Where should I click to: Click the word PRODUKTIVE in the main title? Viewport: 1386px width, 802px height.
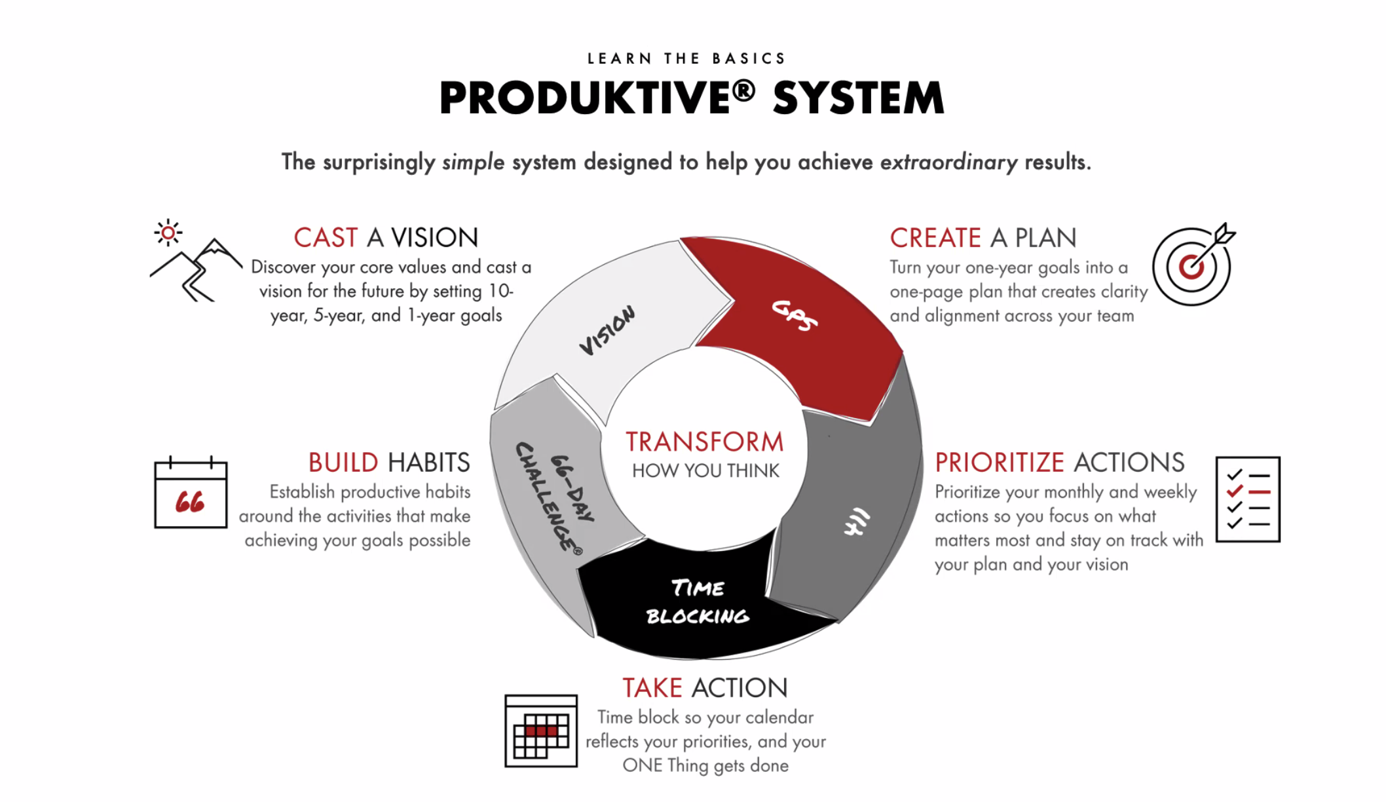(x=585, y=98)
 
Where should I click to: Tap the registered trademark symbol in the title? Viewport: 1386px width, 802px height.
(x=744, y=91)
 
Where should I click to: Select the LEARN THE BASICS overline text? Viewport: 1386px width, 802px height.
(x=686, y=59)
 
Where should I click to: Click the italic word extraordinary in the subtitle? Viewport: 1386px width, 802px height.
(x=948, y=162)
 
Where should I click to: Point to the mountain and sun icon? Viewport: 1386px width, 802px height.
(x=195, y=260)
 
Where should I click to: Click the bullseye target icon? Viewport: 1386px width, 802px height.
(x=1193, y=264)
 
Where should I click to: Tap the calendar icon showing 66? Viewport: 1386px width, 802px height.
(x=191, y=492)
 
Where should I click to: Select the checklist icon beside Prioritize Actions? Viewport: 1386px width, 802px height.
(x=1248, y=499)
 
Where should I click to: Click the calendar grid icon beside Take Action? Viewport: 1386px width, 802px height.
(x=541, y=731)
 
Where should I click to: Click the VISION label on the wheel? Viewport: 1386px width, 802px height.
(x=607, y=330)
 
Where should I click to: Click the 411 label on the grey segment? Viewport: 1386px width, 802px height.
(x=857, y=522)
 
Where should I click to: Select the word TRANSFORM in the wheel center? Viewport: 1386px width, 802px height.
(x=704, y=442)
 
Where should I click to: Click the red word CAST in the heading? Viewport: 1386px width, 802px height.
(x=326, y=238)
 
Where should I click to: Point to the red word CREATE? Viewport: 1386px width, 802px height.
(x=935, y=238)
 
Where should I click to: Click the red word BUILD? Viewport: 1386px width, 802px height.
(x=343, y=463)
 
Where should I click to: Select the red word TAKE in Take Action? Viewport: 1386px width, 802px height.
(x=652, y=688)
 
